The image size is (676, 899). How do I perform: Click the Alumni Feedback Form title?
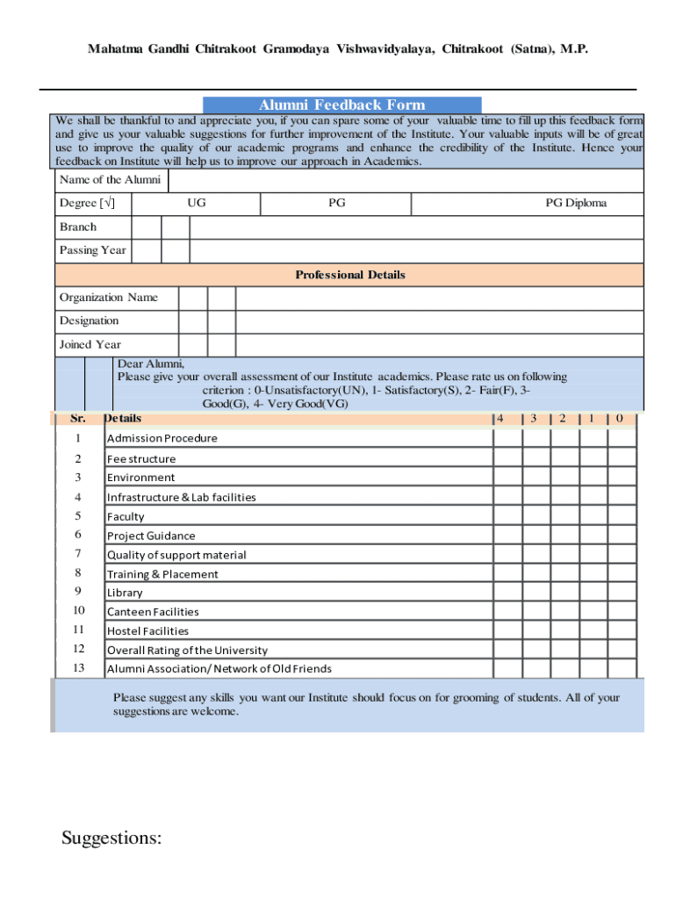pos(342,105)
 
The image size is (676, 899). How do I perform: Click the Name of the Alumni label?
pos(110,180)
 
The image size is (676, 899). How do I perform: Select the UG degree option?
pos(197,204)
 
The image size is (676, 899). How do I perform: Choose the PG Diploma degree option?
pos(576,204)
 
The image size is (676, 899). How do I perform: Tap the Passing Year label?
pos(92,250)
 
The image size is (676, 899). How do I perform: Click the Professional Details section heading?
pos(349,275)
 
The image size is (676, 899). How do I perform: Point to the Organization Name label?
pos(109,298)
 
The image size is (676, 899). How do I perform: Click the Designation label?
pos(89,321)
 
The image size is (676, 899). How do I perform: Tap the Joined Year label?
pos(90,345)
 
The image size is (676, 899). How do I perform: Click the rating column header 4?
pos(500,419)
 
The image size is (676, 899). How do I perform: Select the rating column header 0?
pos(619,419)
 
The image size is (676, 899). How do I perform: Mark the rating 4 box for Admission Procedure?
pos(507,438)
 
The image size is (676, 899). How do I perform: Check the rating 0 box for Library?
pos(622,593)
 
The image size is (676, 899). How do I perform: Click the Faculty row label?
pos(126,517)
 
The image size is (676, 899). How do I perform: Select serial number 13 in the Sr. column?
pos(78,668)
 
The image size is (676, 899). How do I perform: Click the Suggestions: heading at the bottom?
pos(111,838)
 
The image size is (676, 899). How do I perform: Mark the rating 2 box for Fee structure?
pos(565,458)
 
